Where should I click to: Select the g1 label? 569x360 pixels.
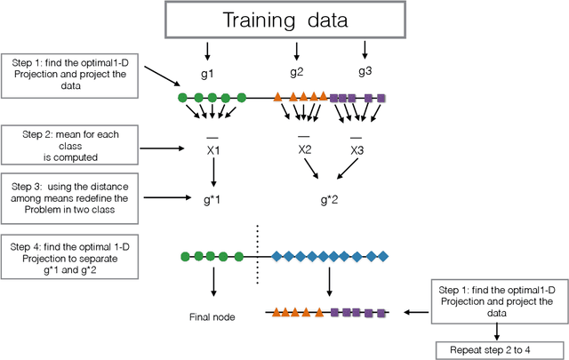point(213,71)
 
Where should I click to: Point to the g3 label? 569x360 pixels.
point(365,70)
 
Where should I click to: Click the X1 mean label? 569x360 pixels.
point(213,150)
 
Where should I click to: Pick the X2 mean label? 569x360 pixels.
point(305,150)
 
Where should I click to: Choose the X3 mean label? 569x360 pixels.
point(357,150)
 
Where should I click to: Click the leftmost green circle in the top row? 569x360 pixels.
point(182,98)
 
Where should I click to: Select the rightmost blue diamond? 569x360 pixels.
point(383,257)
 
